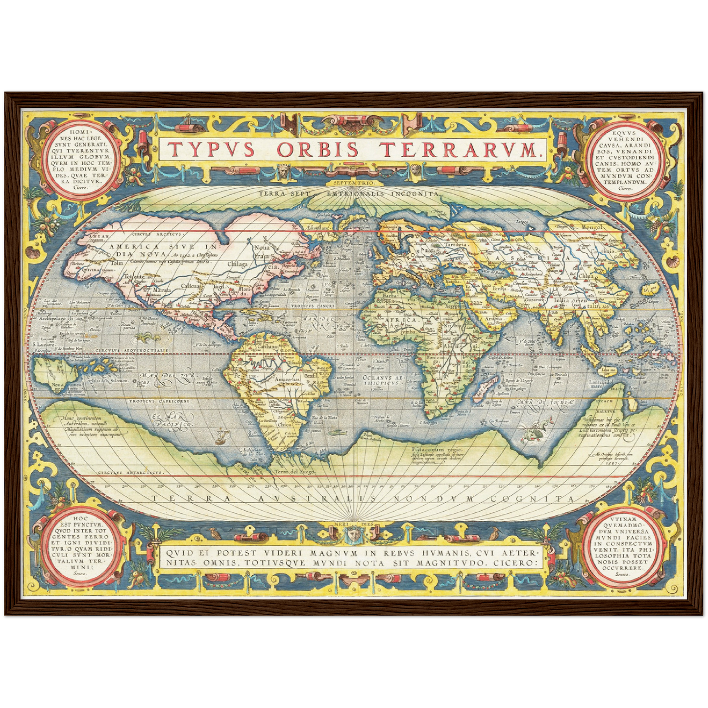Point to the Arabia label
[x=494, y=318]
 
